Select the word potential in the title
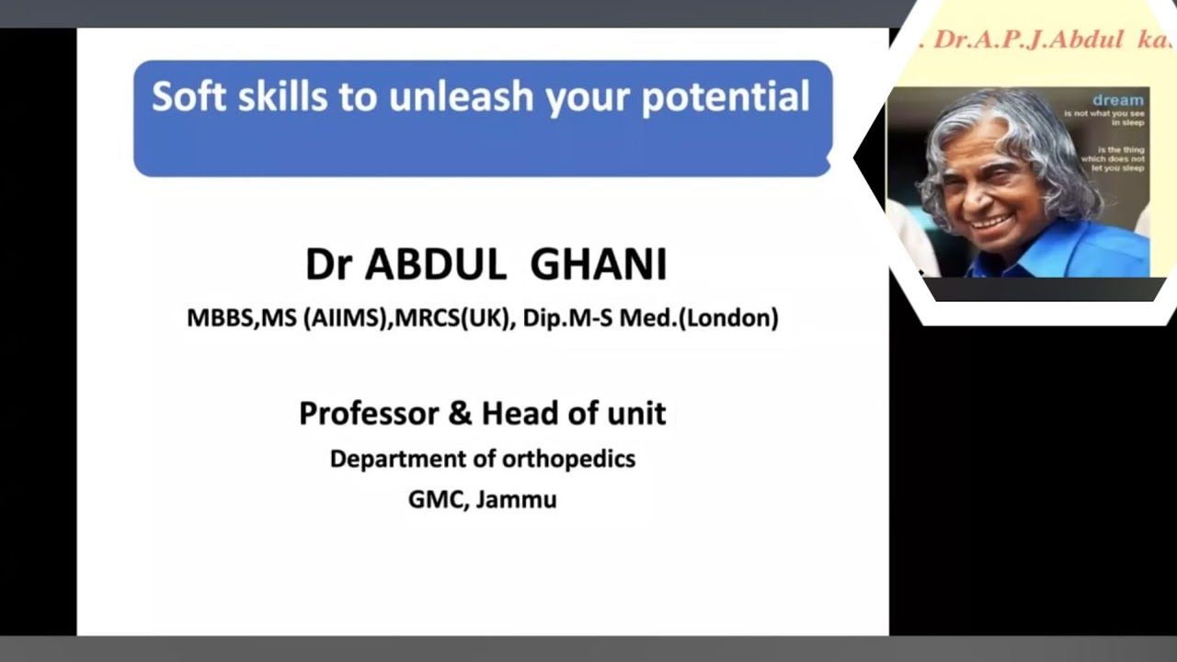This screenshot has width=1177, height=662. click(x=725, y=97)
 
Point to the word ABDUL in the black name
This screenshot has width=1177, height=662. click(x=436, y=265)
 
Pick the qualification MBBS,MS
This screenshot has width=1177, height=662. click(x=240, y=318)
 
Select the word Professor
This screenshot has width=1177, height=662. click(x=369, y=414)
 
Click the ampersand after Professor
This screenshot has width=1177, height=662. click(x=460, y=414)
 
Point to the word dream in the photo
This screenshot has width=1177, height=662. click(x=1118, y=99)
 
